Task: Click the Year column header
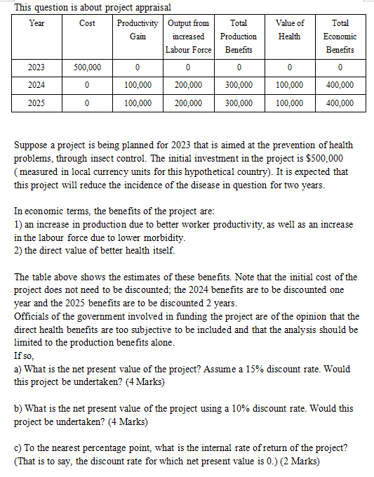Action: tap(36, 23)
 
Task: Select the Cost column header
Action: tap(88, 23)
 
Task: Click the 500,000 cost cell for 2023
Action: tap(88, 67)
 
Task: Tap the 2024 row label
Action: tap(36, 85)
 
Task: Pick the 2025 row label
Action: tap(36, 103)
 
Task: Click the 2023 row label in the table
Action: tap(36, 67)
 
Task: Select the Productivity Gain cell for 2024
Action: tap(138, 85)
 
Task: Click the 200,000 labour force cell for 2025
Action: tap(188, 103)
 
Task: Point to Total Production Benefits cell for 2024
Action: tap(239, 85)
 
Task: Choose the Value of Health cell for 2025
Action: tap(289, 103)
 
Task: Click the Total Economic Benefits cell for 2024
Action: tap(340, 85)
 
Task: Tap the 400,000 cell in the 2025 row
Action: tap(340, 103)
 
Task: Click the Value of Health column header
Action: tap(289, 30)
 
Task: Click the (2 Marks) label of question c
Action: tap(297, 462)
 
